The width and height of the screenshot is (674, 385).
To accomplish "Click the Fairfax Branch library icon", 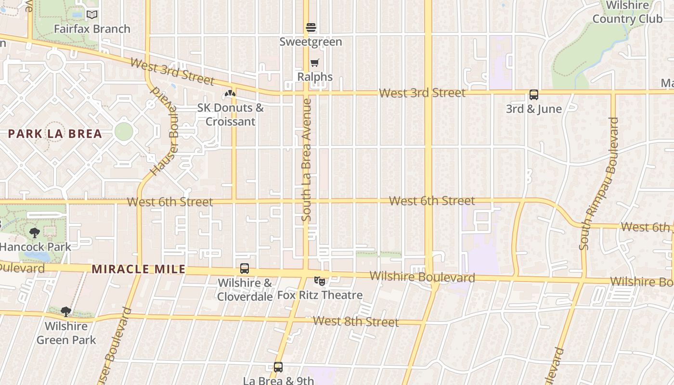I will click(x=92, y=15).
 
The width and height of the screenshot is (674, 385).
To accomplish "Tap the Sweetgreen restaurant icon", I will click(x=311, y=27).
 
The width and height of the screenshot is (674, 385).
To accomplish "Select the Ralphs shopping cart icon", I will click(x=315, y=63).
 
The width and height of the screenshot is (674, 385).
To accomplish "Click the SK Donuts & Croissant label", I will click(x=230, y=115).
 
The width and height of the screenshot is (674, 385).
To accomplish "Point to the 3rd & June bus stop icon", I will click(x=534, y=95).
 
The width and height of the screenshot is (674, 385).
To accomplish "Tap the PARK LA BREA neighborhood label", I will click(x=55, y=134).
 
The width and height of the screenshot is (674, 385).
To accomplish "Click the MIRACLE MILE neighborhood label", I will click(x=139, y=269).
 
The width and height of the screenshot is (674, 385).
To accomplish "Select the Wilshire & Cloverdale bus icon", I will click(x=245, y=269).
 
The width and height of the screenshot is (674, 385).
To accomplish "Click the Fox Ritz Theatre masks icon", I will click(x=319, y=281).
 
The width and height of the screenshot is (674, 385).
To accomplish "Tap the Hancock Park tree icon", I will click(x=35, y=233).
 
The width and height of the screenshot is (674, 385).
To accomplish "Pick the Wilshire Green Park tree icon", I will click(x=66, y=312).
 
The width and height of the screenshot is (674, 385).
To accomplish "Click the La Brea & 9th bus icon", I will click(x=278, y=367).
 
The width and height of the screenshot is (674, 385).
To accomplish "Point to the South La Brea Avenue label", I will click(x=306, y=160).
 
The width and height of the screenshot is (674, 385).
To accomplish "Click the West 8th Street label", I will click(x=356, y=321).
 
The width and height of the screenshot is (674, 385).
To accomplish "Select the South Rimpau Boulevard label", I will click(x=599, y=184).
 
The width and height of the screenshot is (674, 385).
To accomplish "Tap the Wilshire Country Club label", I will click(x=627, y=12).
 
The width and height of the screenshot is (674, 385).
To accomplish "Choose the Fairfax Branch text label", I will click(x=92, y=29).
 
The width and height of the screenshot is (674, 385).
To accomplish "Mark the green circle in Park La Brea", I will click(x=124, y=131).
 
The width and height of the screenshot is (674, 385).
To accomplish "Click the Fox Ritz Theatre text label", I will click(x=320, y=295).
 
